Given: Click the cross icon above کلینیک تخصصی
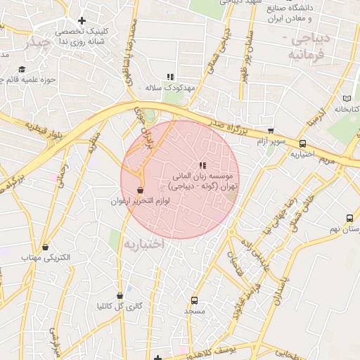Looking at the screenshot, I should tap(82, 21).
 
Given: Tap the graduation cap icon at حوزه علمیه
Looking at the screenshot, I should tap(22, 70).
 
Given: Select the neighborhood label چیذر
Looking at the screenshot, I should tap(36, 43).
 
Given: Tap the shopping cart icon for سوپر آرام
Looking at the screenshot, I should tap(271, 131).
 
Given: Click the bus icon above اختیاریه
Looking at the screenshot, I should tap(302, 143).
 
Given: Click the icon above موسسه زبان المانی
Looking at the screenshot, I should tap(202, 165).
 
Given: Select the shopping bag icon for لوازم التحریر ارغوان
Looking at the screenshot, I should tap(140, 190).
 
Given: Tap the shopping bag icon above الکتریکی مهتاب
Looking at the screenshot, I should tap(46, 247).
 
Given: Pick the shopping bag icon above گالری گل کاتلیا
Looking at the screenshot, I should tap(120, 295).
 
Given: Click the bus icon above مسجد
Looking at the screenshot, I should tap(195, 299).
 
